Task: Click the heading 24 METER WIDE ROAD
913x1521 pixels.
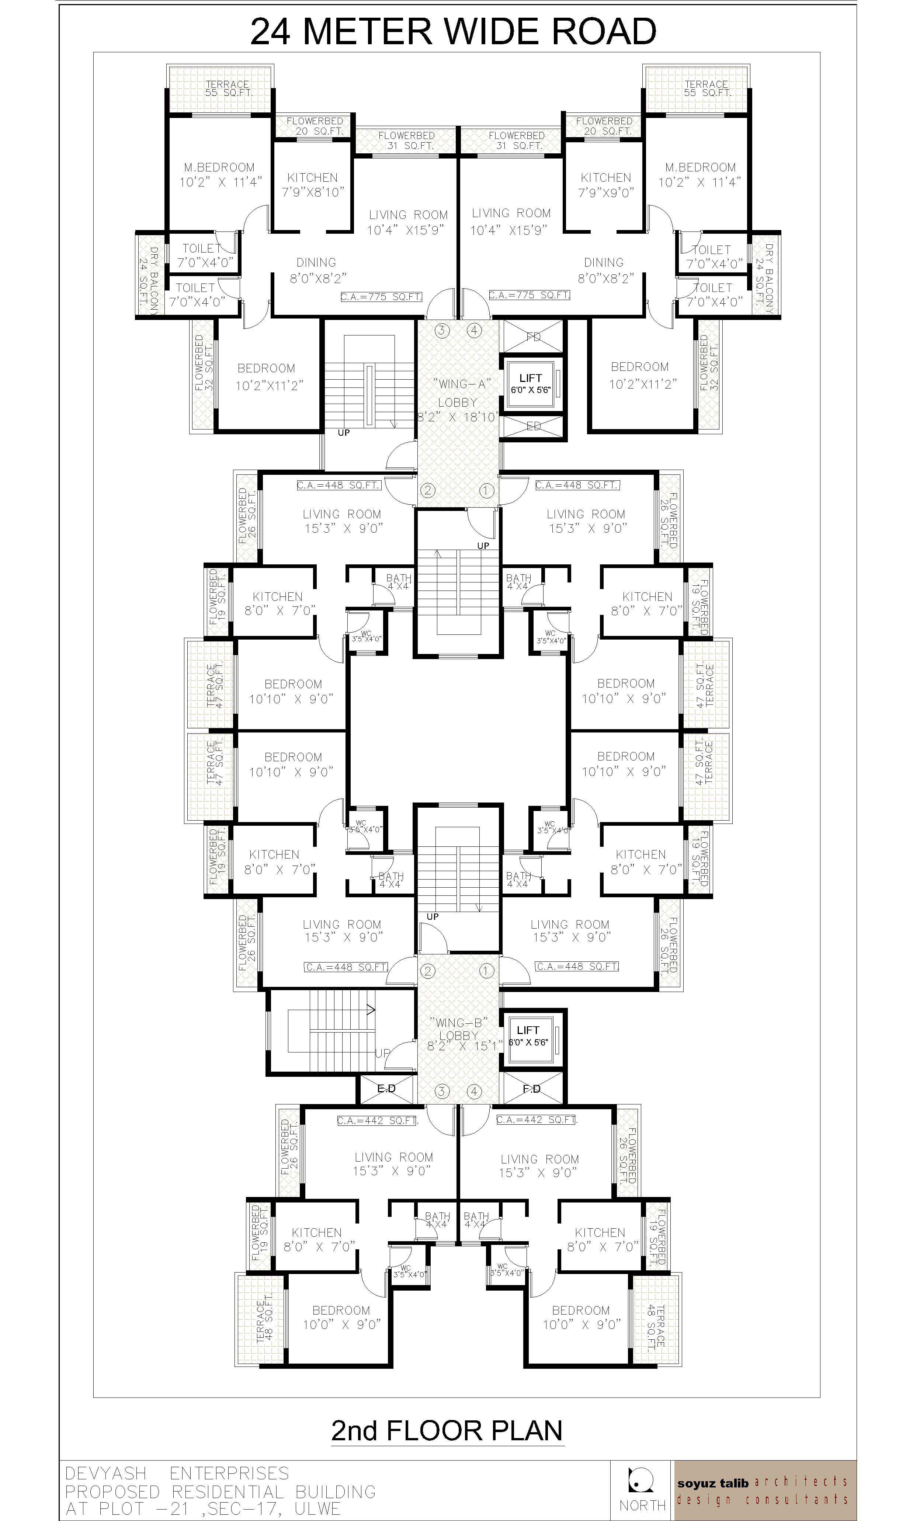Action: (454, 32)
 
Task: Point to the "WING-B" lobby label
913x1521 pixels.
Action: (458, 1023)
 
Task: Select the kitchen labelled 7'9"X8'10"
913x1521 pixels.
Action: (313, 185)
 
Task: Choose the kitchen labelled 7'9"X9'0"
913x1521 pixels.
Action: (605, 185)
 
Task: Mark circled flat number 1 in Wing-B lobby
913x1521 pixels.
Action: (486, 971)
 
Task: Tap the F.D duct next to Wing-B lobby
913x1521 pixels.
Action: (532, 1089)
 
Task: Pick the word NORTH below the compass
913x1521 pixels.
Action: (642, 1506)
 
